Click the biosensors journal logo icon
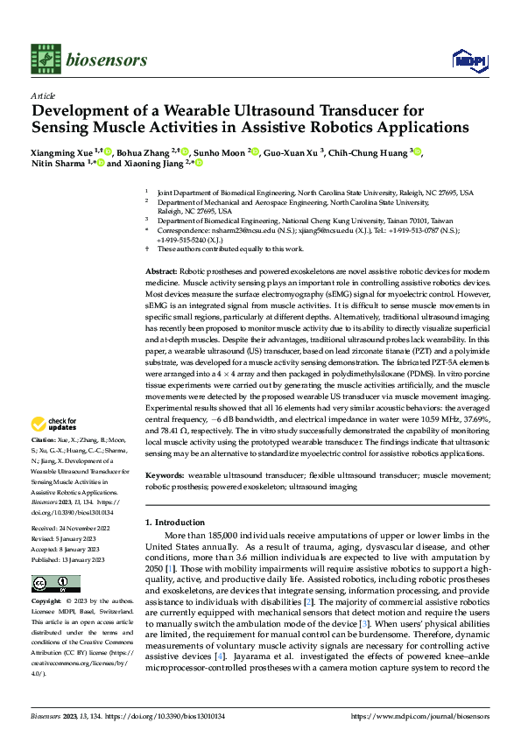pyautogui.click(x=45, y=59)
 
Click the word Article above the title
pyautogui.click(x=42, y=95)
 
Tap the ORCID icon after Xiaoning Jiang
pyautogui.click(x=199, y=163)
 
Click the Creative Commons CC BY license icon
pyautogui.click(x=56, y=583)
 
